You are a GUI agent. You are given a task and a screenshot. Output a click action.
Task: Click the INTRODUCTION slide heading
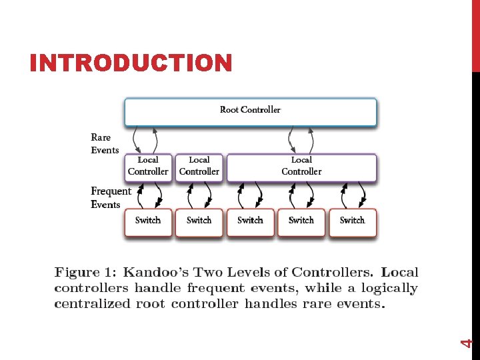(x=131, y=63)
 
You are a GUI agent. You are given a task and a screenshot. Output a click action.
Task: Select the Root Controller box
(x=250, y=111)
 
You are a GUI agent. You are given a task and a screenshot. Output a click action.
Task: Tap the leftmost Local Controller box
(x=148, y=167)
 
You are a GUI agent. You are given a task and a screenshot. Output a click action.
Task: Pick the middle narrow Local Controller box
(x=199, y=167)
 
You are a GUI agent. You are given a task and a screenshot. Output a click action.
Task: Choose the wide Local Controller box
(x=301, y=167)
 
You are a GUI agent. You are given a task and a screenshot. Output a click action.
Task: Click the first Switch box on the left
(x=148, y=222)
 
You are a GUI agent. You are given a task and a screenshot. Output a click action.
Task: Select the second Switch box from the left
(x=199, y=222)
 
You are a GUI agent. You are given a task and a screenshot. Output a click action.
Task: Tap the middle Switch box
(x=250, y=222)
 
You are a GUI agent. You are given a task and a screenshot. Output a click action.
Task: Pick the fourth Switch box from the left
(x=301, y=222)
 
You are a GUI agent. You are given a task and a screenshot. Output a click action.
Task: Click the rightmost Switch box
(x=353, y=222)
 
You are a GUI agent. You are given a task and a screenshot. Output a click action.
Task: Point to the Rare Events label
(x=104, y=144)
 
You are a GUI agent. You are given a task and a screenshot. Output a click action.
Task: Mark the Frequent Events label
(x=110, y=198)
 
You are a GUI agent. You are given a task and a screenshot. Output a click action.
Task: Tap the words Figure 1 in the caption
(x=85, y=273)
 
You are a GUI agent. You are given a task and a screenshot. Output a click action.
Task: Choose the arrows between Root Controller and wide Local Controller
(x=301, y=140)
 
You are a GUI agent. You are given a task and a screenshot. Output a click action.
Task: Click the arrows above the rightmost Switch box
(x=353, y=195)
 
